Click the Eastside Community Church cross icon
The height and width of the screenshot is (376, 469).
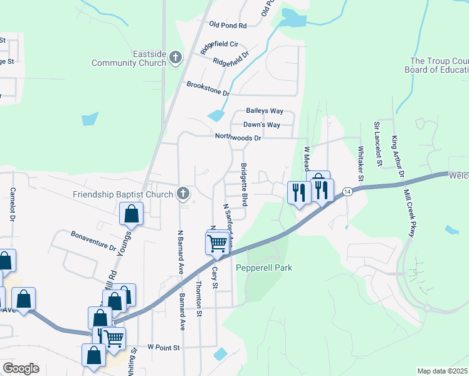click(176, 58)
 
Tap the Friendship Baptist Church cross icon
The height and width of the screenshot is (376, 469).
click(182, 193)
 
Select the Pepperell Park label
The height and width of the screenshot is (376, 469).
click(264, 268)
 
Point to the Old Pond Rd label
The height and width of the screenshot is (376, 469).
click(228, 25)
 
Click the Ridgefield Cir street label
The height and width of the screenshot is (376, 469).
click(219, 44)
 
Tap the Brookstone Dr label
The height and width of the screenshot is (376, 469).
click(208, 88)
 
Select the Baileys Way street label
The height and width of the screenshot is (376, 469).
click(265, 111)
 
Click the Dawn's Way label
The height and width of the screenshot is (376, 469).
click(261, 125)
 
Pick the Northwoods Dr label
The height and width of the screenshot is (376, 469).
click(238, 137)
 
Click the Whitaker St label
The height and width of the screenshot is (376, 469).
click(361, 163)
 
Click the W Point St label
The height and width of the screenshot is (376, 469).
click(164, 347)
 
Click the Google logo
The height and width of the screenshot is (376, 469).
click(21, 368)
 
